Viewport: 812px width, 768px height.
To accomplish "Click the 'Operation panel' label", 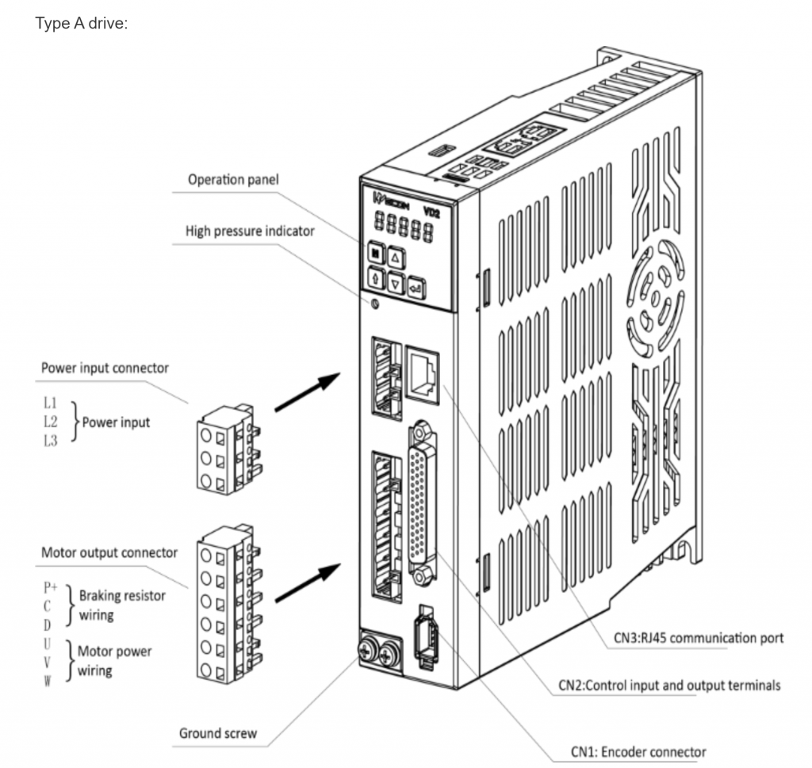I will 233,180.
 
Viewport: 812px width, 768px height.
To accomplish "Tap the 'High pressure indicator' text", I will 250,231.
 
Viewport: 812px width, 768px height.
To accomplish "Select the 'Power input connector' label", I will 105,368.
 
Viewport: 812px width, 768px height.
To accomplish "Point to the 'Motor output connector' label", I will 109,552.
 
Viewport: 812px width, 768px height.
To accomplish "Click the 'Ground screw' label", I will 217,732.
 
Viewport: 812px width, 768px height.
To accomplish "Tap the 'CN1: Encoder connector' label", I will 638,751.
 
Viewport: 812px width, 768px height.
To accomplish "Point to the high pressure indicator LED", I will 375,304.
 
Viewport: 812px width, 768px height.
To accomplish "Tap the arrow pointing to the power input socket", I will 304,392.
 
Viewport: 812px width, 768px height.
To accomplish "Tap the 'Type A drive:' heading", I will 82,24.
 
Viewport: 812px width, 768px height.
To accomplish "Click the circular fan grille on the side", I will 656,301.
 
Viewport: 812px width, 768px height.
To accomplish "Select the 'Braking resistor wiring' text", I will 121,604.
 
